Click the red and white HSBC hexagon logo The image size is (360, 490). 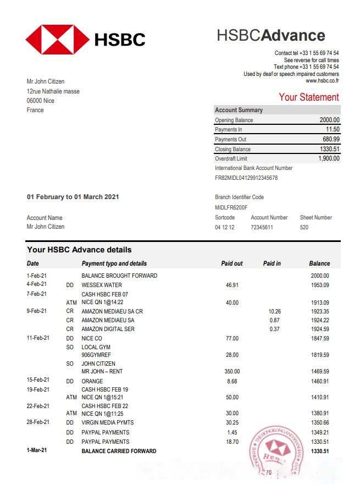(x=57, y=39)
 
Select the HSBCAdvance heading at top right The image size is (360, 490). (x=270, y=36)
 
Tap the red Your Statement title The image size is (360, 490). (x=308, y=97)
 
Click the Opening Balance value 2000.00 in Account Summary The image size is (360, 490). (x=329, y=120)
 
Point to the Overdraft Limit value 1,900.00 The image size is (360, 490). (x=329, y=158)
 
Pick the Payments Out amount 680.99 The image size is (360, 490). (x=331, y=139)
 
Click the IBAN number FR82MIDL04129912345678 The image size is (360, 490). (x=246, y=178)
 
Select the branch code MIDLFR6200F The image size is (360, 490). (x=231, y=207)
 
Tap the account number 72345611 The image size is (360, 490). (x=262, y=227)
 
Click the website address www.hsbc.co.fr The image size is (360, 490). (x=322, y=81)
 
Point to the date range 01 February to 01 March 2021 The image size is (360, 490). (x=73, y=197)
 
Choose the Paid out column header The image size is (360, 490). (x=231, y=263)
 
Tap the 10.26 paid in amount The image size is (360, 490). (x=275, y=311)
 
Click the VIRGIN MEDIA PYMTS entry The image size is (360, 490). (x=108, y=422)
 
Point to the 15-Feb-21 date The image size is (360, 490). (x=38, y=380)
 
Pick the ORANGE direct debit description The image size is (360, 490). (x=92, y=381)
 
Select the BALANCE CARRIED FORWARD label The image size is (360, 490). (x=119, y=451)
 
